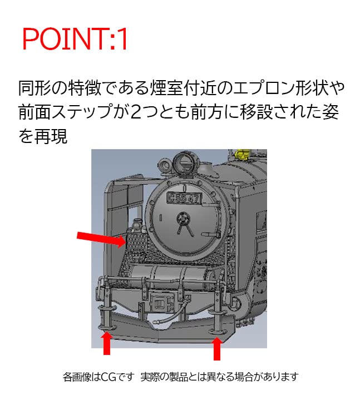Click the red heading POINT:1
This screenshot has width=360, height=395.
(75, 39)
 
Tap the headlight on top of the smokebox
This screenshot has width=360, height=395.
(184, 163)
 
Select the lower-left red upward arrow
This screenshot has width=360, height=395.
(106, 343)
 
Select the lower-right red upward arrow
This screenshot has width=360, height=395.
(217, 347)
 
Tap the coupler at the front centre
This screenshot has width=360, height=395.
(162, 304)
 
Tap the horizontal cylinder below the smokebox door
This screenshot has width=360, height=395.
(167, 275)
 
